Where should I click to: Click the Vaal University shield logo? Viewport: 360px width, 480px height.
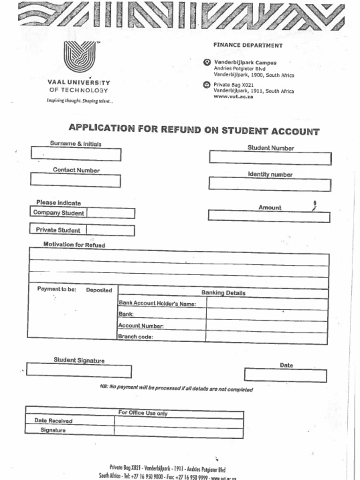pyautogui.click(x=79, y=56)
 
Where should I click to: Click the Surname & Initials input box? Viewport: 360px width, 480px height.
pyautogui.click(x=76, y=154)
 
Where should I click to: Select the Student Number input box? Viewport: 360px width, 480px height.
pyautogui.click(x=270, y=158)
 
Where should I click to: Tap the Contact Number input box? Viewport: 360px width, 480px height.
pyautogui.click(x=75, y=180)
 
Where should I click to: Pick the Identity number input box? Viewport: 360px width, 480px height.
pyautogui.click(x=270, y=184)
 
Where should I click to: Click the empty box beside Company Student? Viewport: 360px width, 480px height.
pyautogui.click(x=111, y=213)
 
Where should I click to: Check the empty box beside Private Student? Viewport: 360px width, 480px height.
pyautogui.click(x=111, y=231)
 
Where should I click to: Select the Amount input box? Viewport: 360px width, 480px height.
pyautogui.click(x=269, y=217)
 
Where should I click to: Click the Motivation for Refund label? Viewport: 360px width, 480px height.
pyautogui.click(x=74, y=245)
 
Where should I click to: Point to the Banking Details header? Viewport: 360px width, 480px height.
pyautogui.click(x=223, y=293)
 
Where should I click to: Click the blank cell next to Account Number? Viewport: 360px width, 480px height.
pyautogui.click(x=266, y=326)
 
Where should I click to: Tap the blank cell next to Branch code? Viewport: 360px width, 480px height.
pyautogui.click(x=266, y=337)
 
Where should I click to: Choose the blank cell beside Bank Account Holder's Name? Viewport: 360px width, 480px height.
pyautogui.click(x=267, y=304)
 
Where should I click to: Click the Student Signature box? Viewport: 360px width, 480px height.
pyautogui.click(x=79, y=370)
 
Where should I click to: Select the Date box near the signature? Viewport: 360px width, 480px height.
pyautogui.click(x=285, y=375)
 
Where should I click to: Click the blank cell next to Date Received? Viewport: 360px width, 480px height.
pyautogui.click(x=179, y=422)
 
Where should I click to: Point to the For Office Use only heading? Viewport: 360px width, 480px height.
pyautogui.click(x=142, y=413)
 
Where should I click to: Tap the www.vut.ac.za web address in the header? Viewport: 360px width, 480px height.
pyautogui.click(x=233, y=97)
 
